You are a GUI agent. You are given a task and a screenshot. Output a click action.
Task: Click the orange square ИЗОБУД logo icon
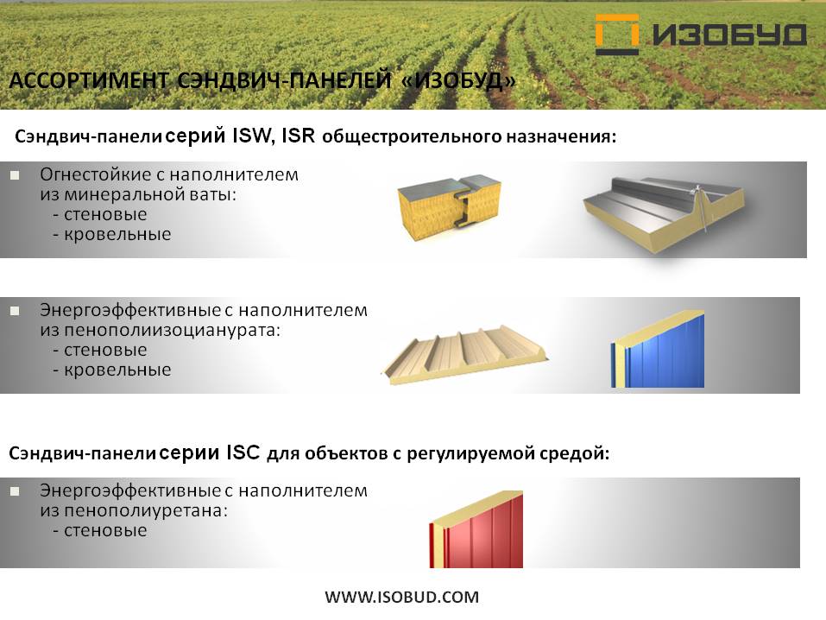pyautogui.click(x=617, y=35)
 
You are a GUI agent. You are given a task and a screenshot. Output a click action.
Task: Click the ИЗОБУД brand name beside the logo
pyautogui.click(x=729, y=35)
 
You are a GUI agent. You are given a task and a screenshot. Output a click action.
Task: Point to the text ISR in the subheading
pyautogui.click(x=298, y=136)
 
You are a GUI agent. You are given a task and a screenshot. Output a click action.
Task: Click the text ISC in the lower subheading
pyautogui.click(x=243, y=452)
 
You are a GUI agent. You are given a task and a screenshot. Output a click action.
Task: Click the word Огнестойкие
pyautogui.click(x=96, y=174)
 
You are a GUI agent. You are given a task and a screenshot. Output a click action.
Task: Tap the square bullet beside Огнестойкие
pyautogui.click(x=15, y=175)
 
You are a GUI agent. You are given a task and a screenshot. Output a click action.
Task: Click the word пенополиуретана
pyautogui.click(x=146, y=511)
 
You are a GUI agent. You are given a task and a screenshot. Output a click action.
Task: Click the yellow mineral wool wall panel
pyautogui.click(x=450, y=207)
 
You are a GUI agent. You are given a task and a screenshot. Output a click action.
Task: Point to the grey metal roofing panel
pyautogui.click(x=665, y=213)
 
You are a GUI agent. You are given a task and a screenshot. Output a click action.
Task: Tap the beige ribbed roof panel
pyautogui.click(x=464, y=354)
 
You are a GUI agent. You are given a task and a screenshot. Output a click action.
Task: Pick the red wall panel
pyautogui.click(x=476, y=529)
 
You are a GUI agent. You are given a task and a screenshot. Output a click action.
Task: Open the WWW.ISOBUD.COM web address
pyautogui.click(x=402, y=597)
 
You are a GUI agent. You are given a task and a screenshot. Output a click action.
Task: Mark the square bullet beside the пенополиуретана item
pyautogui.click(x=15, y=491)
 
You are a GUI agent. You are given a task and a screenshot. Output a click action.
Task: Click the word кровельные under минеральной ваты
pyautogui.click(x=117, y=235)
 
